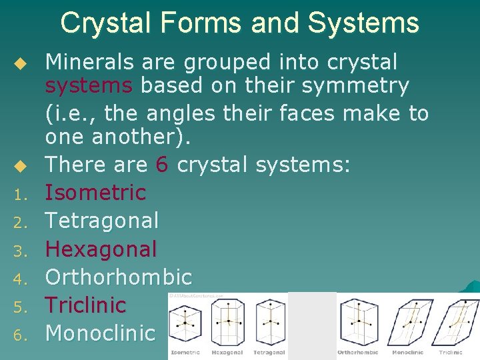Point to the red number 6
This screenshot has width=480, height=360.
click(x=160, y=165)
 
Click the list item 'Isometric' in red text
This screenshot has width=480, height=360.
click(x=95, y=193)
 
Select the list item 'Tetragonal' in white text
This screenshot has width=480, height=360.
click(x=102, y=221)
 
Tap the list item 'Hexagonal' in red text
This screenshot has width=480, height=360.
click(x=101, y=249)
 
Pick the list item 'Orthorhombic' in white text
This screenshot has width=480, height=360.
click(x=118, y=277)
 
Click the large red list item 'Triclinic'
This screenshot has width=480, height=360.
click(x=85, y=305)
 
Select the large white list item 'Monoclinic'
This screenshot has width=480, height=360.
click(x=100, y=333)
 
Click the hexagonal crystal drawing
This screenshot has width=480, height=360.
click(x=228, y=321)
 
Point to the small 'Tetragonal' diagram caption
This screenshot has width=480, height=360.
click(x=269, y=352)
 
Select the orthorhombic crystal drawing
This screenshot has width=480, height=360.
click(x=358, y=321)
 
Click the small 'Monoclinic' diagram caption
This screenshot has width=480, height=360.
click(x=407, y=352)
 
